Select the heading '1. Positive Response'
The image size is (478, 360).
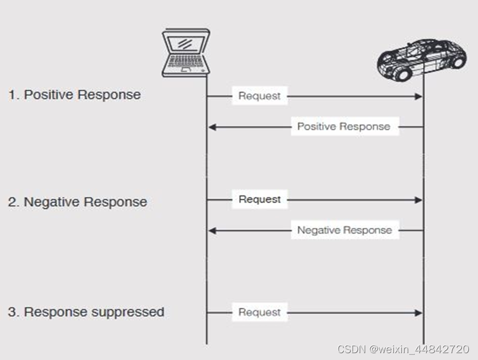click(x=75, y=95)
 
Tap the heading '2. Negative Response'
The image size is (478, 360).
click(x=77, y=202)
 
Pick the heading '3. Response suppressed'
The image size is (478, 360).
click(x=86, y=312)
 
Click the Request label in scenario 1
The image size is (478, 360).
click(x=259, y=96)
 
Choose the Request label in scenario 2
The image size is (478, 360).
click(x=259, y=199)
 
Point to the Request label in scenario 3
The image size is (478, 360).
click(x=259, y=312)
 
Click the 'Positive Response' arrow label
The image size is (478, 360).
click(x=344, y=126)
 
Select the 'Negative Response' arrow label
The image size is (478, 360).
click(x=344, y=230)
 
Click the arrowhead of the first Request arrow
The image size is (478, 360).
click(x=419, y=96)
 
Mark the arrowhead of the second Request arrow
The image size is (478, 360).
click(x=419, y=200)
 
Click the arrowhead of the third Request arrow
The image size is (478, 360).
click(x=419, y=313)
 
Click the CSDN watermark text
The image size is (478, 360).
click(x=403, y=349)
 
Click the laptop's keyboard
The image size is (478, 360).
click(x=184, y=62)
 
